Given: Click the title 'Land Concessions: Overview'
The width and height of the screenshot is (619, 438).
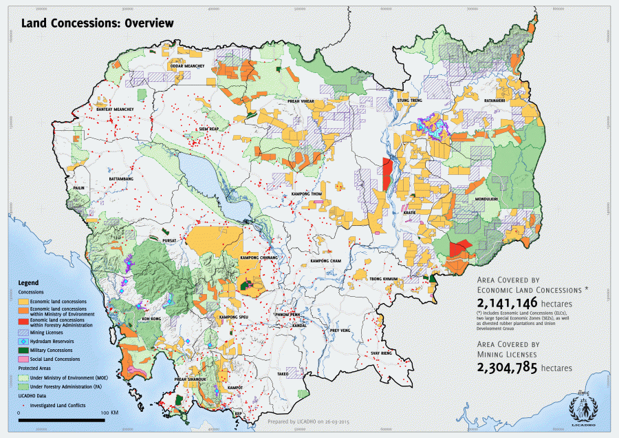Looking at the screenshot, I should pos(97,23).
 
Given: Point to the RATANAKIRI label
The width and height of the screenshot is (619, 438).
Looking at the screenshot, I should pos(495,101).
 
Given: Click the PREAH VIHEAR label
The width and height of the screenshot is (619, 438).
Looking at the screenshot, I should pos(301,101).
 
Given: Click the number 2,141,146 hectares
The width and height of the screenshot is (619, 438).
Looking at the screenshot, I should pos(501,303).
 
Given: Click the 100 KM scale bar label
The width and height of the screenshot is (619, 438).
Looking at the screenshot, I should pos(109,413).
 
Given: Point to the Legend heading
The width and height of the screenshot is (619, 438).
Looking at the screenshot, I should pos(28,283).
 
